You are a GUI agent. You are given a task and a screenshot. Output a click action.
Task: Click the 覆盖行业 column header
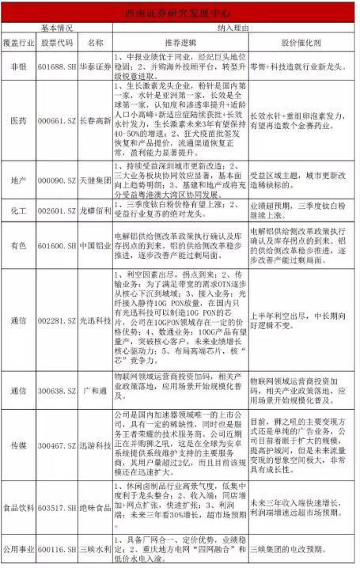coord(18,41)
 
